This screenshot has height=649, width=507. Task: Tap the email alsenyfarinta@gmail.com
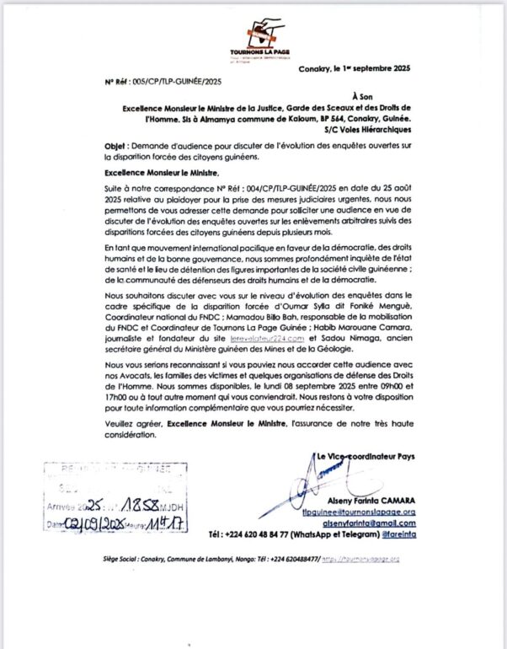click(x=370, y=523)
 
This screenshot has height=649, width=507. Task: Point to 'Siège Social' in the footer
click(x=120, y=559)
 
